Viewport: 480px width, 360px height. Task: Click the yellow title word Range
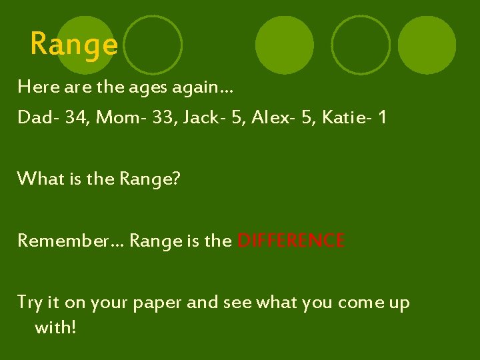(x=74, y=45)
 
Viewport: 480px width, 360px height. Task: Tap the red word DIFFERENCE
(x=291, y=241)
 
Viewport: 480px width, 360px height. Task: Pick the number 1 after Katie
(x=382, y=118)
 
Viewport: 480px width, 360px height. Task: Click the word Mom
(x=114, y=118)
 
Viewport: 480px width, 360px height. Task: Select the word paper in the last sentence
(x=159, y=303)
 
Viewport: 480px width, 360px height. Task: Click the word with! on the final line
(x=55, y=327)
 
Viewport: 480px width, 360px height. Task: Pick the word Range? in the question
(x=149, y=179)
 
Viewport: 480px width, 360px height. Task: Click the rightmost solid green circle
(x=427, y=45)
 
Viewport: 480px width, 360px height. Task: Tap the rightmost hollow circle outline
(x=361, y=45)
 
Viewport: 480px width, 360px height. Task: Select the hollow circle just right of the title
(x=153, y=45)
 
